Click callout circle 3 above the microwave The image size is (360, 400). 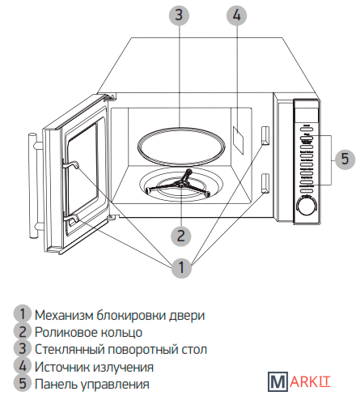[179, 15]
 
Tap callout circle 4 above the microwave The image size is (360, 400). [236, 15]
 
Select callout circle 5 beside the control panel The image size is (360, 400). [345, 160]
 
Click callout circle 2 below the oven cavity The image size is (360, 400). [181, 236]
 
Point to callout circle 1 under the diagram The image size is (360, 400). [181, 267]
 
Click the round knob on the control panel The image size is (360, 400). [306, 206]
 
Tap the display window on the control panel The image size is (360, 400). [307, 115]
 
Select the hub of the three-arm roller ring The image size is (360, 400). [180, 185]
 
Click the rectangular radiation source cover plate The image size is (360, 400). [238, 140]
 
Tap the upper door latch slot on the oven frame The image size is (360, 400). [265, 135]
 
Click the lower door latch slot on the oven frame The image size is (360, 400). [265, 183]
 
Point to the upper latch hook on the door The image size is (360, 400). [70, 164]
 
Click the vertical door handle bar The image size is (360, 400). [33, 185]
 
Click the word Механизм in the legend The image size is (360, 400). [64, 315]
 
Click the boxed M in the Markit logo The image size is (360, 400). [277, 381]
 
